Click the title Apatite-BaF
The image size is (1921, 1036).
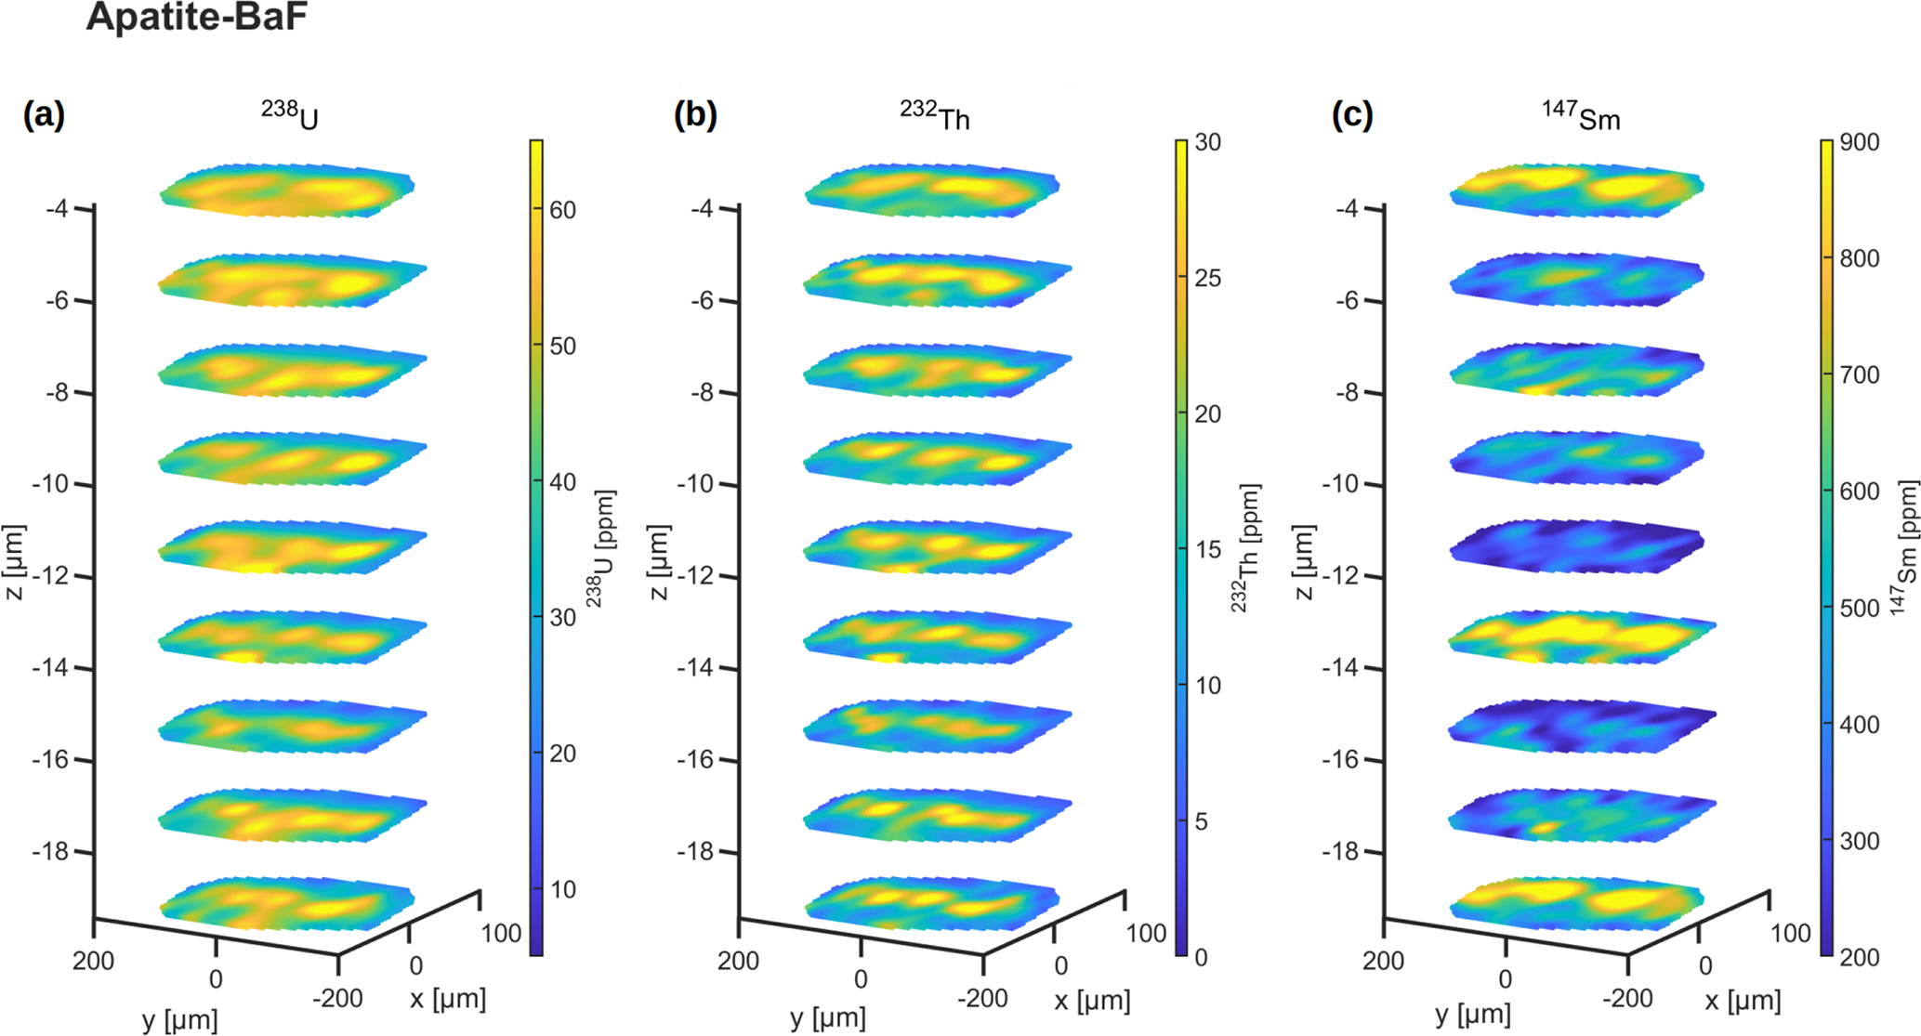[x=196, y=18]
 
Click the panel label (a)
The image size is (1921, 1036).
[x=44, y=115]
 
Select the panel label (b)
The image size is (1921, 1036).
[x=695, y=115]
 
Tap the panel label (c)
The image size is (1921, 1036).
[x=1352, y=115]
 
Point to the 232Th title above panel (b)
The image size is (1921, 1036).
[x=935, y=117]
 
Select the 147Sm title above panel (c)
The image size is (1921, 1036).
[x=1582, y=117]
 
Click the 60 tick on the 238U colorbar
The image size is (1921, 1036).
[x=562, y=210]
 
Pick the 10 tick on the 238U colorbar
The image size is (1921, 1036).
[x=562, y=889]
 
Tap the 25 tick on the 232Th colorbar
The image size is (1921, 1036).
[x=1207, y=278]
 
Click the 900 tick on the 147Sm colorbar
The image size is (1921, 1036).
[x=1860, y=142]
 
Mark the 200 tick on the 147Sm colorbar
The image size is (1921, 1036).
[x=1860, y=957]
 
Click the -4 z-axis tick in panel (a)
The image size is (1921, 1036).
[x=57, y=209]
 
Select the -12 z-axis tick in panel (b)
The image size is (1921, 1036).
[x=698, y=576]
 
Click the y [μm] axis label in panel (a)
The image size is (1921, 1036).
[x=180, y=1019]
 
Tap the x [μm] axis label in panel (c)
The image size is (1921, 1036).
[x=1743, y=1000]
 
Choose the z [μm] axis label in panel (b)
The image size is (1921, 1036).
[x=659, y=562]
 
